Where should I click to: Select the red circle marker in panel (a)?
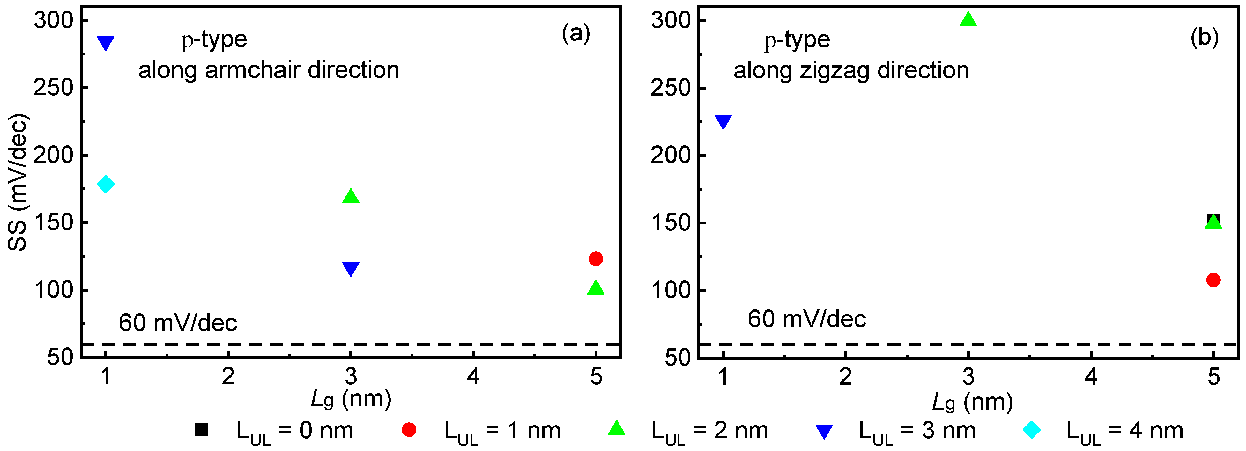coord(596,258)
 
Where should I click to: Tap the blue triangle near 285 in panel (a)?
coord(106,42)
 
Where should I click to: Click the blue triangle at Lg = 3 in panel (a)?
coord(351,268)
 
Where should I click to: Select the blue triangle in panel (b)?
coord(723,121)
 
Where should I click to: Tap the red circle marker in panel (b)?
coord(1213,280)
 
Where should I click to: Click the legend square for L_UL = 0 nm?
coord(201,429)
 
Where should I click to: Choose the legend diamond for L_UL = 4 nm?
coord(1031,429)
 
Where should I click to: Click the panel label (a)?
coord(575,34)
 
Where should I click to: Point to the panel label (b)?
coord(1205,37)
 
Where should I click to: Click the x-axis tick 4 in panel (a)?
coord(473,376)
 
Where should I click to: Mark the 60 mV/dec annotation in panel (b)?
coord(806,319)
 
